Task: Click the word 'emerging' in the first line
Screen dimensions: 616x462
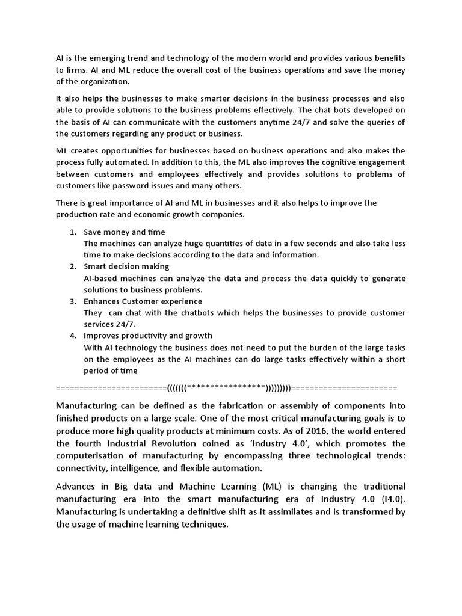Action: (102, 58)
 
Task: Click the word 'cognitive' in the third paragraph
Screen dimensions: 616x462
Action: (334, 162)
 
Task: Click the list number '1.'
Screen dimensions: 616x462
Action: (73, 232)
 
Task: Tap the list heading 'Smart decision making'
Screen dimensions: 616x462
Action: (126, 266)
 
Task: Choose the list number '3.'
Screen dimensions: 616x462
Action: (73, 301)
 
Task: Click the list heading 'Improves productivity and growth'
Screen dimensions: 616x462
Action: (148, 336)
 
